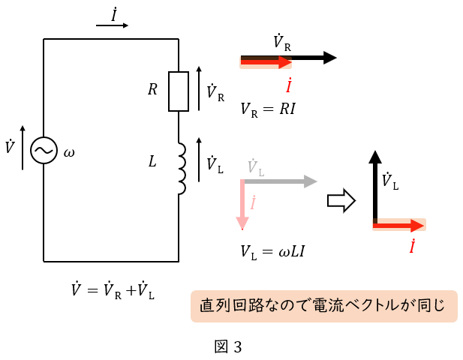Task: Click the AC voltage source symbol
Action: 44,151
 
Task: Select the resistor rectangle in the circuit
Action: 178,91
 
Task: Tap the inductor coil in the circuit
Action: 180,167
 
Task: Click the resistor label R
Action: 152,90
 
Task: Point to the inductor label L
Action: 152,160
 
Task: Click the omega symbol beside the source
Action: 69,152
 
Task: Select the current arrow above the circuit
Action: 113,25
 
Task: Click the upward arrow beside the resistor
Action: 199,89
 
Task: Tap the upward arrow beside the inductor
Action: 199,160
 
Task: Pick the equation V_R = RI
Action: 268,109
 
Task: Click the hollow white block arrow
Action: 341,201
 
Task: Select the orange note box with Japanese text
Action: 323,306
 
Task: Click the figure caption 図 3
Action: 227,346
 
